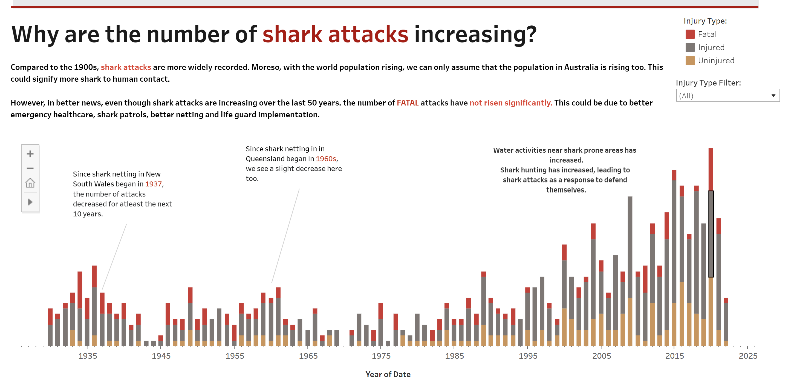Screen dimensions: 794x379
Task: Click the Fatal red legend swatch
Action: click(x=690, y=34)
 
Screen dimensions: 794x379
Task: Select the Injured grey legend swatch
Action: click(x=690, y=47)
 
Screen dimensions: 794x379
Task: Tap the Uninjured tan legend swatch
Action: click(x=690, y=61)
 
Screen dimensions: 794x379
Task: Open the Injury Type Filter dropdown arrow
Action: click(x=773, y=96)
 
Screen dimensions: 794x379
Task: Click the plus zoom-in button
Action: click(x=30, y=154)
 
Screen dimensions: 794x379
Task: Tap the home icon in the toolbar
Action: click(x=30, y=183)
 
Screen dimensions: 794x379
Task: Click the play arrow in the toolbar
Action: click(x=30, y=202)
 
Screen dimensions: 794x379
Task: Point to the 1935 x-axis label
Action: click(x=88, y=356)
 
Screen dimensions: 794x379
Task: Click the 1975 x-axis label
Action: click(x=381, y=356)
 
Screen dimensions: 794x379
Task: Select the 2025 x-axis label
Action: click(x=748, y=356)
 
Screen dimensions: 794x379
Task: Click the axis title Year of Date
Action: click(x=388, y=374)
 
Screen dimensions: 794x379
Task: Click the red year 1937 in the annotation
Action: click(x=153, y=184)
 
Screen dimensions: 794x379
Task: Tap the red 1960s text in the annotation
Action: click(x=326, y=159)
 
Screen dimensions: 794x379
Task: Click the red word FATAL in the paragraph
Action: click(x=408, y=103)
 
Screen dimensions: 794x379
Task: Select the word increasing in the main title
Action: click(x=475, y=35)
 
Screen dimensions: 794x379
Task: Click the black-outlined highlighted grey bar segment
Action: click(x=711, y=234)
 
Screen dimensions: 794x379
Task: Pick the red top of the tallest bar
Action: click(x=711, y=169)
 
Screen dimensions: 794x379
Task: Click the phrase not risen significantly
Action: click(x=511, y=103)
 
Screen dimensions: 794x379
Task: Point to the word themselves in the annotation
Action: click(x=566, y=190)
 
